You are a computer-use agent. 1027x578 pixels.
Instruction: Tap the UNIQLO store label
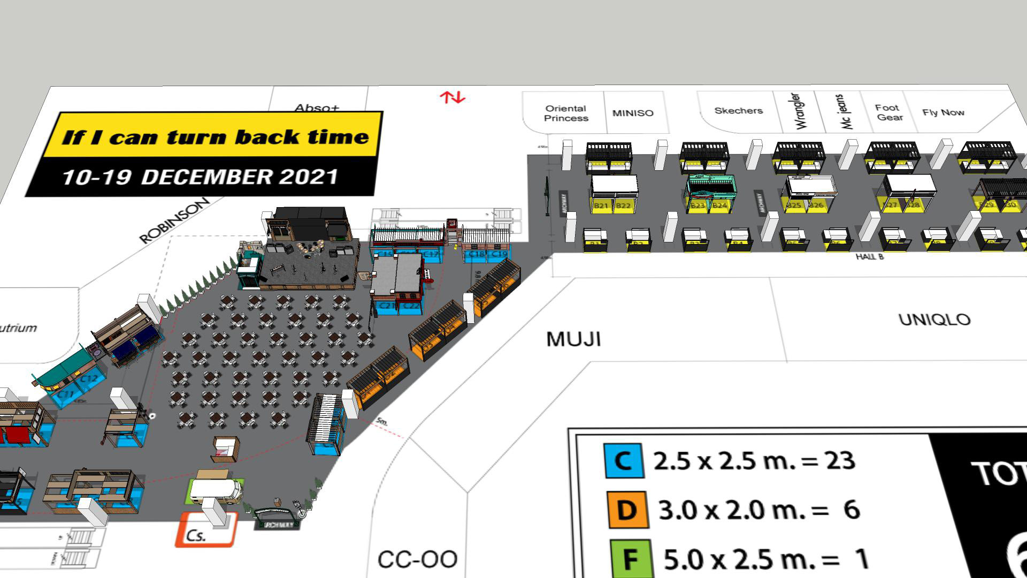[x=934, y=320]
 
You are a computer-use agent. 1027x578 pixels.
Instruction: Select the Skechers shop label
[x=738, y=111]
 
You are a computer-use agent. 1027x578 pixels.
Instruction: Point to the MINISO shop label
[x=633, y=113]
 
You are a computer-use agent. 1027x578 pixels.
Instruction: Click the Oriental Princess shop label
[x=566, y=113]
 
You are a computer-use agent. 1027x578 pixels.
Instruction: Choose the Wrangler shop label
[x=796, y=111]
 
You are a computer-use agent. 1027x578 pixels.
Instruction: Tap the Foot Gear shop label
[x=888, y=112]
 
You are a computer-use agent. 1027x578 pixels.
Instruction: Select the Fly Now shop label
[x=943, y=112]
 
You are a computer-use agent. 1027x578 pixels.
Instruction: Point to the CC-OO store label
[x=417, y=559]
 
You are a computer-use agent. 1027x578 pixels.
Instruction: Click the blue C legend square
[x=623, y=460]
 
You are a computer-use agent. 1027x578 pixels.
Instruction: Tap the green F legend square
[x=631, y=559]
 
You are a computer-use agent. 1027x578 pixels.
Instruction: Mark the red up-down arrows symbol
[x=453, y=97]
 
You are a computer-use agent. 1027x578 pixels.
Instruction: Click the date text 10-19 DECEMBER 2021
[x=200, y=177]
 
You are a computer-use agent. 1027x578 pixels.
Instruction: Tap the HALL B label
[x=869, y=257]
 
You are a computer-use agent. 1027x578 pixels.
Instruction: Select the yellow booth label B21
[x=601, y=206]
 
